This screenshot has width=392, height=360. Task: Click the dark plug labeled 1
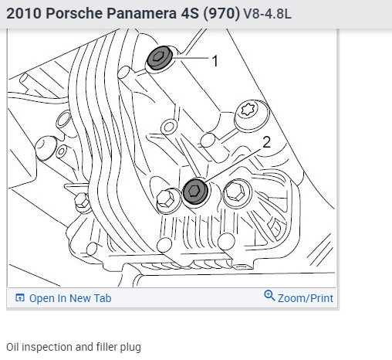click(160, 58)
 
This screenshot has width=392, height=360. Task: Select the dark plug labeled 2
click(195, 191)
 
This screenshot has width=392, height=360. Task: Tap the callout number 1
click(215, 61)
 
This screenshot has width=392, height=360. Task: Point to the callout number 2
click(267, 142)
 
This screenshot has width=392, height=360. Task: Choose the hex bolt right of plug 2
click(235, 191)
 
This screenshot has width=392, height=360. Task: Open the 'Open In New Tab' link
click(63, 298)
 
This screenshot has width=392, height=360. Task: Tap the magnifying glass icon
click(269, 296)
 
